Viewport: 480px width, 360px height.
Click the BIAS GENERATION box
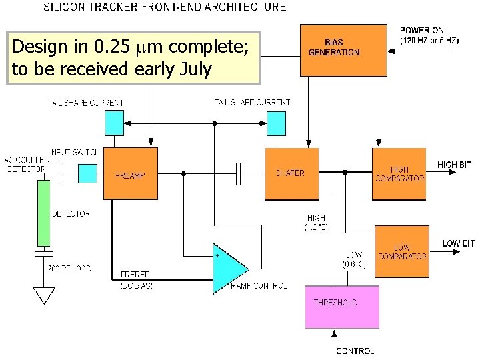point(343,49)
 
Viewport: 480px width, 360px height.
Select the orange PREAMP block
point(130,174)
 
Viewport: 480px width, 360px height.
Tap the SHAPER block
point(291,173)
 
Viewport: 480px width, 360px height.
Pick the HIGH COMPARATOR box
point(399,174)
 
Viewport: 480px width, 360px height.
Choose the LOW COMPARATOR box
point(401,251)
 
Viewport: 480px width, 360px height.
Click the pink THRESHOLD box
point(342,306)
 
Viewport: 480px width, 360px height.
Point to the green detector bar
point(43,213)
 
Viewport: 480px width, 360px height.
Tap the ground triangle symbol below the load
point(43,293)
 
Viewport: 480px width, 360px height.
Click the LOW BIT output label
point(458,243)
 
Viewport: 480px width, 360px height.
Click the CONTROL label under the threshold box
point(355,351)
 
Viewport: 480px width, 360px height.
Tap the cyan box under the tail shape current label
point(115,122)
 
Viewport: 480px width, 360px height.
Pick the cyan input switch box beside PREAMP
point(88,173)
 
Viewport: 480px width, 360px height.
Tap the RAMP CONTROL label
point(258,285)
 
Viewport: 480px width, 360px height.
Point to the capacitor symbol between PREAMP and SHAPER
point(239,174)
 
